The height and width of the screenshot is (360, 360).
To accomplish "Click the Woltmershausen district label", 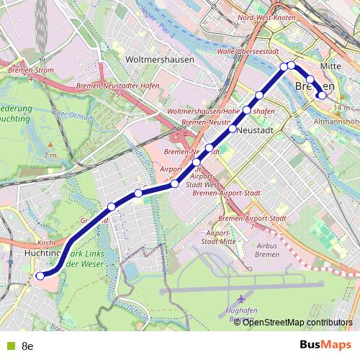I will [159, 60].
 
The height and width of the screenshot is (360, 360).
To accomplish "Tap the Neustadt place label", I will [253, 130].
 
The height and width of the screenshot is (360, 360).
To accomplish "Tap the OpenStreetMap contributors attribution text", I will [297, 322].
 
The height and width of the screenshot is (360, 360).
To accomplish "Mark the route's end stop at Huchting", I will [40, 275].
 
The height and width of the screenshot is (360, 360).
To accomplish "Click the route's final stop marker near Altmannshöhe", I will [323, 95].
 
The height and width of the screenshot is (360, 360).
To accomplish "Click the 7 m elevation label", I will [50, 156].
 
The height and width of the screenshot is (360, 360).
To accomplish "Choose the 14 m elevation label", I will [341, 108].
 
